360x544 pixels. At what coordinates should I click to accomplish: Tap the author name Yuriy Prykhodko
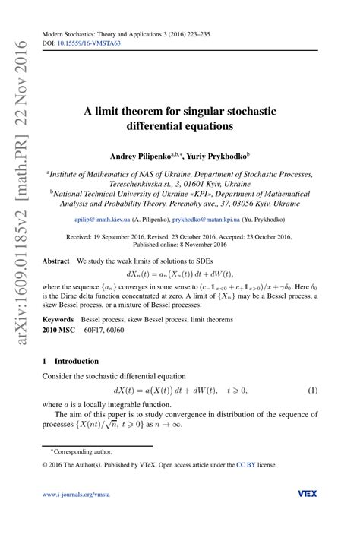pos(218,157)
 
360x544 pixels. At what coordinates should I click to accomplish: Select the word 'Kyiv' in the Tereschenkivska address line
pos(238,183)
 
